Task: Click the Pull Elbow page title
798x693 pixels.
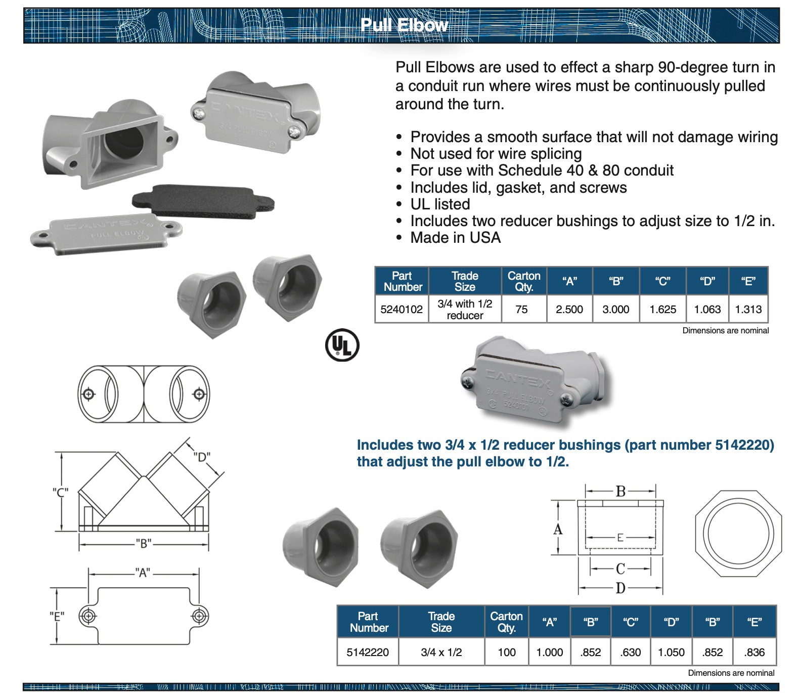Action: [x=404, y=25]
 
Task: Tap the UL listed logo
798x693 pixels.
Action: [x=342, y=346]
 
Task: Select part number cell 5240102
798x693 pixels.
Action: [x=402, y=309]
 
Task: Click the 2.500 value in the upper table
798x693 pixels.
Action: [x=569, y=309]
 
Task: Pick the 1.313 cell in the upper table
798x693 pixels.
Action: [x=748, y=309]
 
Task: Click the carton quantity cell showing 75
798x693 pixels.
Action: [x=521, y=309]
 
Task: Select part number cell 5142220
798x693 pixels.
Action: [x=368, y=652]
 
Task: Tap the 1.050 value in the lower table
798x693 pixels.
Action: [x=671, y=652]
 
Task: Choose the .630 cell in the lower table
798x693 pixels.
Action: [x=631, y=652]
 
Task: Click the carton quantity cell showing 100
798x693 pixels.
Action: [x=507, y=652]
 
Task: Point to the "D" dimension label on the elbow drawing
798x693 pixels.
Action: [x=202, y=457]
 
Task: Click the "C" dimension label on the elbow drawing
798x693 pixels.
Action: [x=61, y=492]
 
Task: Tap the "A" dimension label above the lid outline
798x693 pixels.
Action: [x=143, y=573]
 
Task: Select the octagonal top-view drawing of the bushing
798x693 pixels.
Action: [x=738, y=533]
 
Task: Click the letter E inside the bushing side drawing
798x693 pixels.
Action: [x=620, y=538]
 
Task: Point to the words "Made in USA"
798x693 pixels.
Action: [x=455, y=238]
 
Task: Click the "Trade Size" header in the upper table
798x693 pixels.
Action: [x=465, y=281]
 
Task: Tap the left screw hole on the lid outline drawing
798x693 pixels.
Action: [x=88, y=616]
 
